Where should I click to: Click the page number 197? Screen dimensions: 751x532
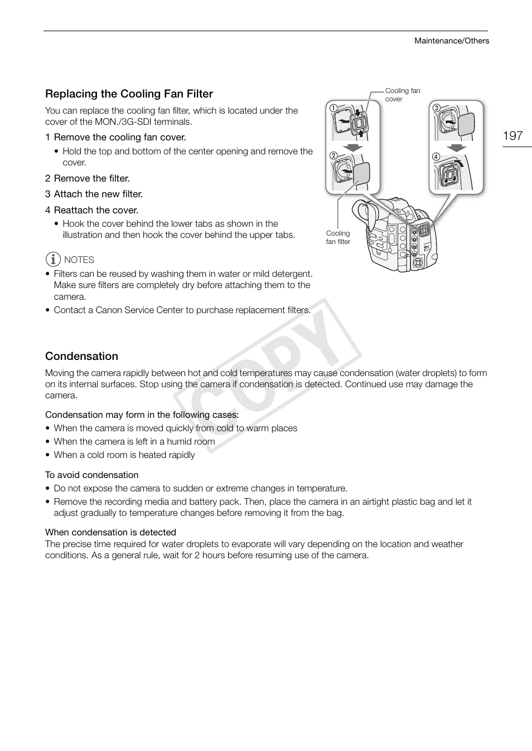click(x=512, y=135)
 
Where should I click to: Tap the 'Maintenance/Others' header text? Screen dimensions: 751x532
click(x=451, y=41)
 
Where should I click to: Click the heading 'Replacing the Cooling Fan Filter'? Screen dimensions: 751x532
click(x=129, y=94)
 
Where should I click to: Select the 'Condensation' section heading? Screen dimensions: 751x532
click(x=81, y=356)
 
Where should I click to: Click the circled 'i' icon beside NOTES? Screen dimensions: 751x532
click(x=52, y=260)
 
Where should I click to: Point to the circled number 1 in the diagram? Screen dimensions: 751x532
click(x=333, y=108)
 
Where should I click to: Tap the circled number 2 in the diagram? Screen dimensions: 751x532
click(x=333, y=155)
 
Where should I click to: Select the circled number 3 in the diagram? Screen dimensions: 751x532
click(x=437, y=108)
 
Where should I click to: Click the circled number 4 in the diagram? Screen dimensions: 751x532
click(x=437, y=157)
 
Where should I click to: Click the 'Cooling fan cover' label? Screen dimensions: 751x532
click(x=402, y=95)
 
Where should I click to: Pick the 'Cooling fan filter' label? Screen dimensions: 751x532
click(x=338, y=237)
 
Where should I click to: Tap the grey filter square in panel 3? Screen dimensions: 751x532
click(x=466, y=124)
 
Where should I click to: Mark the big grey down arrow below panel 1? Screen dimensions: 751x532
click(x=352, y=148)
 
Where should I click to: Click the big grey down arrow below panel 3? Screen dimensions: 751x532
click(x=457, y=148)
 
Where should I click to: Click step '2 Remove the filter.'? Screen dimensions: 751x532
click(x=88, y=178)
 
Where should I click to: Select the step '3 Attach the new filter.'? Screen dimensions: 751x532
click(x=94, y=194)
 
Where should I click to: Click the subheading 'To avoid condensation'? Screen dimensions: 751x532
click(x=91, y=475)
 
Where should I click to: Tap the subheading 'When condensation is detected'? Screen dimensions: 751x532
click(x=110, y=532)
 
